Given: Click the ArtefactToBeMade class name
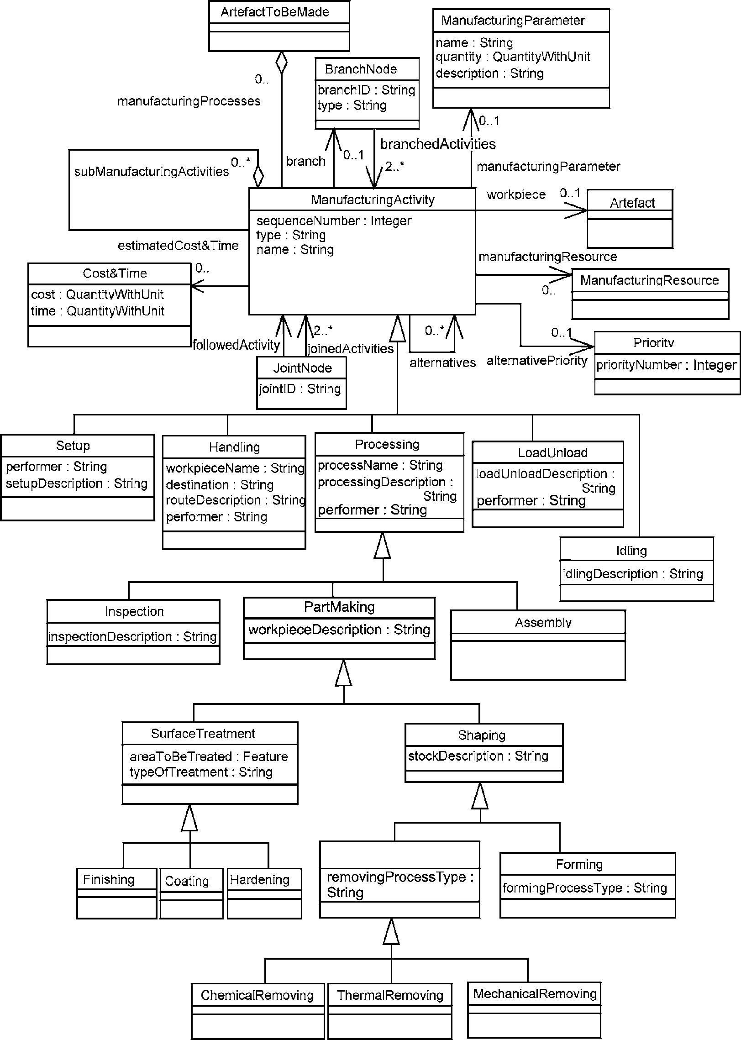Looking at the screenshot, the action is (275, 12).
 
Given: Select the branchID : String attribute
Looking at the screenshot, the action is (367, 90).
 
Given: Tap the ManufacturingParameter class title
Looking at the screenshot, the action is (513, 21).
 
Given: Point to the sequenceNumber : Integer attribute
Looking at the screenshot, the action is (334, 221).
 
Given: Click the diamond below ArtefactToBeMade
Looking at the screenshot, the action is (282, 63).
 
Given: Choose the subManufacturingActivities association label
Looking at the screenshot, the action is (152, 172).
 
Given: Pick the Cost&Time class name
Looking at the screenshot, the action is (115, 273).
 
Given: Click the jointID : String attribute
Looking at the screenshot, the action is (300, 389).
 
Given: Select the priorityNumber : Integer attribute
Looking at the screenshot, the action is (667, 365).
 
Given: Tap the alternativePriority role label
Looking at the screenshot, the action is (537, 361).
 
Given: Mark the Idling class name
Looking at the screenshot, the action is (631, 551).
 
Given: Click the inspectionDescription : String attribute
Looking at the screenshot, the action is (132, 636).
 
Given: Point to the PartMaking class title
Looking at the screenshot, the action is (339, 607).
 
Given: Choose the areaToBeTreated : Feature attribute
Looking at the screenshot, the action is (209, 756).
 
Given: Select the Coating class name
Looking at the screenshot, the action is (187, 881).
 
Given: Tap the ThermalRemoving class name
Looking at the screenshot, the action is (390, 995).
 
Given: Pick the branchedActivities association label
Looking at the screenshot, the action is (438, 144).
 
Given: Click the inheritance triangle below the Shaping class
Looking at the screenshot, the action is (480, 796).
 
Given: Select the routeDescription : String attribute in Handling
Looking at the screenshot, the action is (236, 500).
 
